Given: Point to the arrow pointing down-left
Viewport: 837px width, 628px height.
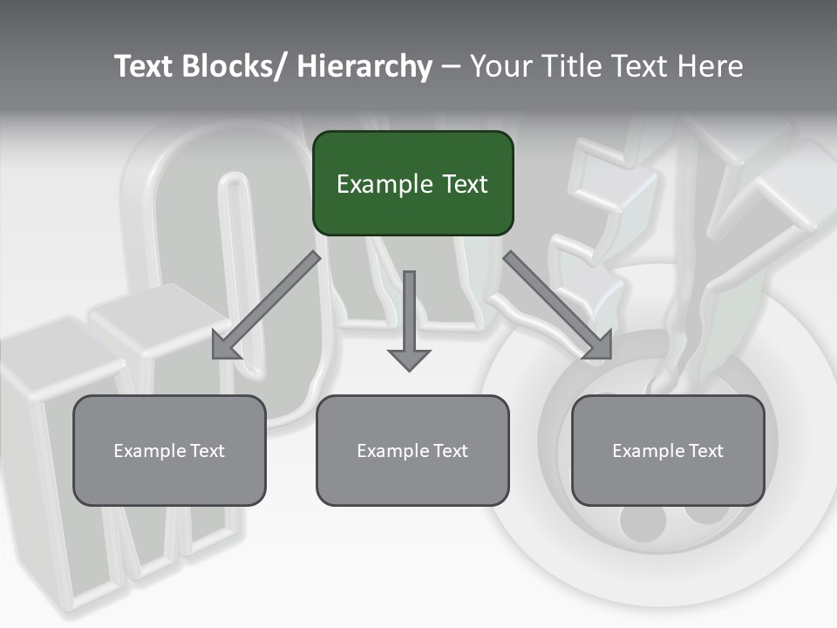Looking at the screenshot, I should coord(266,305).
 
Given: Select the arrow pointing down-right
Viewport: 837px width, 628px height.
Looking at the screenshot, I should coord(558,305).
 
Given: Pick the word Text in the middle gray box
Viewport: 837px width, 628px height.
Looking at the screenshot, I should coord(450,451).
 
